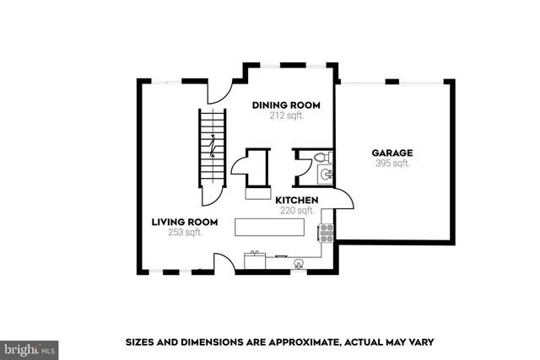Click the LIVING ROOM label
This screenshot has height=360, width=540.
[185, 222]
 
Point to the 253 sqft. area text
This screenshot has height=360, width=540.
[185, 232]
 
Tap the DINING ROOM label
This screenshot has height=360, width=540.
[287, 105]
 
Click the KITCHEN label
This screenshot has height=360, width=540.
[296, 200]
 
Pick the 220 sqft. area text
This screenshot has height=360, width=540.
[297, 210]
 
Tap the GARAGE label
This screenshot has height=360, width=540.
[392, 153]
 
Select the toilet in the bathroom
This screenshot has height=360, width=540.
[321, 158]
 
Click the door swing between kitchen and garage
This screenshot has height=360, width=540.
[342, 199]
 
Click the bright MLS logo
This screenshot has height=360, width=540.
[30, 347]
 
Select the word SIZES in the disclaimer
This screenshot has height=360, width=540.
[141, 342]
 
